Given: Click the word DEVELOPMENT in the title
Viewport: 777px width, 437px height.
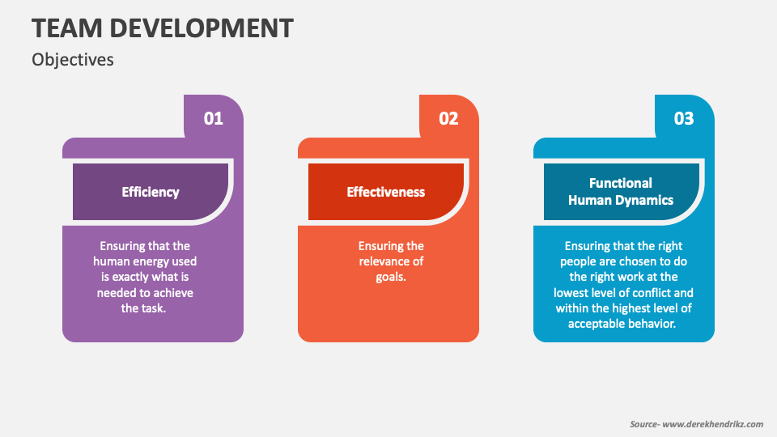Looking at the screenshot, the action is [x=202, y=28].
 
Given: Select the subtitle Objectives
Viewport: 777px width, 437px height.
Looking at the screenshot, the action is [x=73, y=60].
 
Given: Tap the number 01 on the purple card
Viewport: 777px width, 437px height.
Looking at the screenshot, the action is [x=214, y=118].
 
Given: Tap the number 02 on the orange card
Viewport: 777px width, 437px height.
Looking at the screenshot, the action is [x=448, y=118].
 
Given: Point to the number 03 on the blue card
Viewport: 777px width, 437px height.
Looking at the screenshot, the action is [x=684, y=118].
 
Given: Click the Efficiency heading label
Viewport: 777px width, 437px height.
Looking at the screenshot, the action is [x=151, y=193].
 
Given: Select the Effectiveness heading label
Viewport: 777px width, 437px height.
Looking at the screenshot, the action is [x=385, y=193].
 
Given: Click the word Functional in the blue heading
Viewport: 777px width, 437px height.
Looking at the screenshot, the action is [x=621, y=184].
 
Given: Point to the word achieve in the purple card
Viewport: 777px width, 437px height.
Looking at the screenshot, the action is [x=174, y=293].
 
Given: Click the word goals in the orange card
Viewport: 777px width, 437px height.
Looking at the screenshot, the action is [x=391, y=277].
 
